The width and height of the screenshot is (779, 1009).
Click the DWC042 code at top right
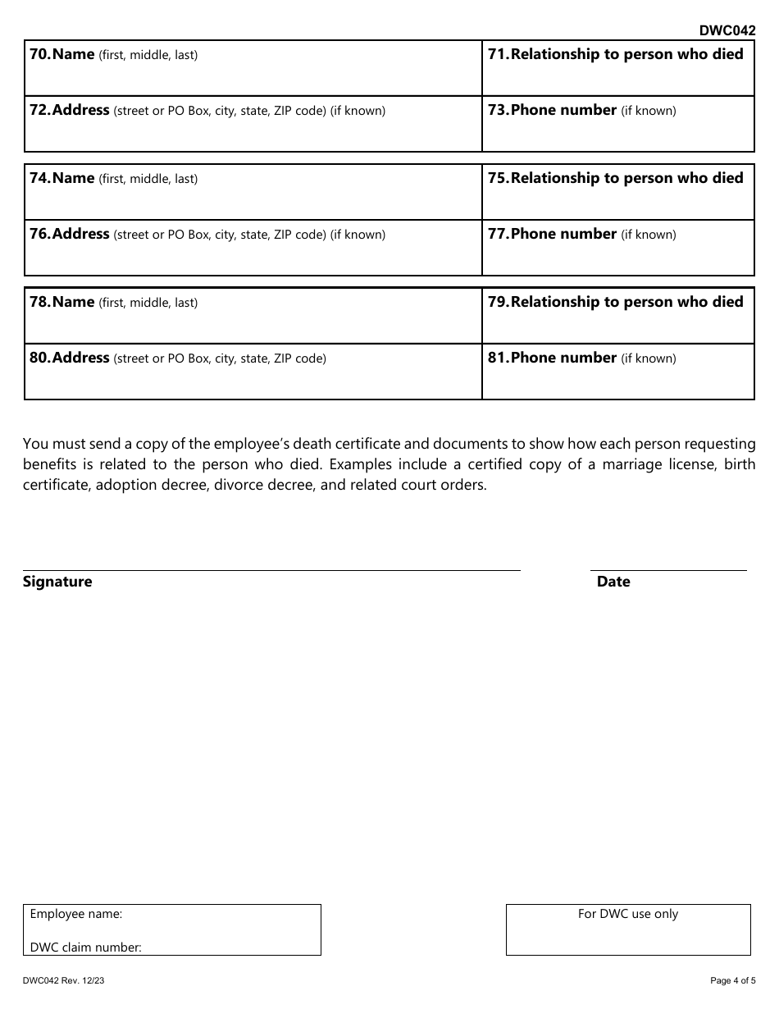(727, 30)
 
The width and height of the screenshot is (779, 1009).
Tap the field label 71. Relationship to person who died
(615, 54)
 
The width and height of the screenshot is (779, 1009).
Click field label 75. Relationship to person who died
(615, 178)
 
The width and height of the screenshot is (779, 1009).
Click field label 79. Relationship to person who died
(615, 302)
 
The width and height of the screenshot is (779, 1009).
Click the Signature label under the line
(57, 582)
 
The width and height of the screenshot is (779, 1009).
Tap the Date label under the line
(613, 582)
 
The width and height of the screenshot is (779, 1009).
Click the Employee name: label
(76, 914)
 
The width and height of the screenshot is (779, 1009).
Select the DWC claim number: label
(86, 947)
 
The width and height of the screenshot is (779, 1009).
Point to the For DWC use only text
(628, 914)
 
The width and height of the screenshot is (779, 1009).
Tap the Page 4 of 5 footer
(733, 980)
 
